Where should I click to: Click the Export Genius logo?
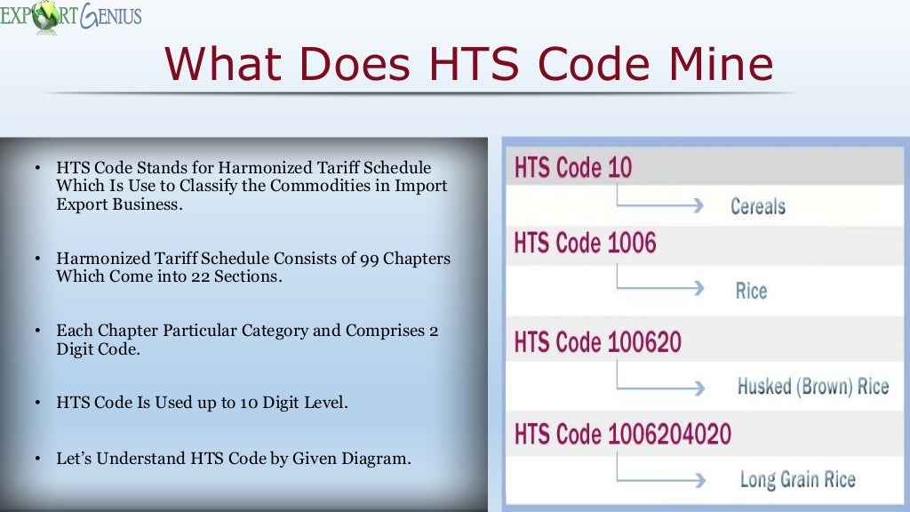[x=70, y=17]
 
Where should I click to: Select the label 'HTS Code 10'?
[x=572, y=167]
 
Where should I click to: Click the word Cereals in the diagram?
[x=757, y=206]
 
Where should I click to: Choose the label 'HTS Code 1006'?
[x=585, y=242]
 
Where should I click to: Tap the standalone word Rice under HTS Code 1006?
[x=751, y=291]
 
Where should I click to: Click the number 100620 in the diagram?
[x=639, y=341]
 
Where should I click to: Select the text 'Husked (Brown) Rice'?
[x=812, y=386]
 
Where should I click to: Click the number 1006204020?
[x=670, y=434]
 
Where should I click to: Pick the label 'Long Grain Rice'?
[x=797, y=480]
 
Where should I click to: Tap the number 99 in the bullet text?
[x=371, y=259]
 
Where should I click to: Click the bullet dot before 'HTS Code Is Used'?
[x=37, y=403]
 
